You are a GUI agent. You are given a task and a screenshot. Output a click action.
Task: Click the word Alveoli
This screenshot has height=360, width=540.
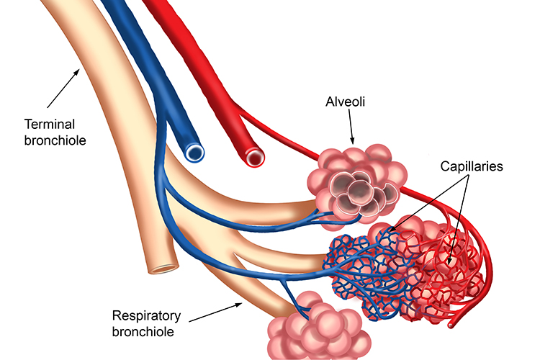[346, 103]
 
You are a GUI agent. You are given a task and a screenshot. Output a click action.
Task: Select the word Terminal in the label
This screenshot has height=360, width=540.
[48, 123]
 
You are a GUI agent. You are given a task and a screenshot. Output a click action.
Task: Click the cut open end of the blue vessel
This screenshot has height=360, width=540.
[194, 151]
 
